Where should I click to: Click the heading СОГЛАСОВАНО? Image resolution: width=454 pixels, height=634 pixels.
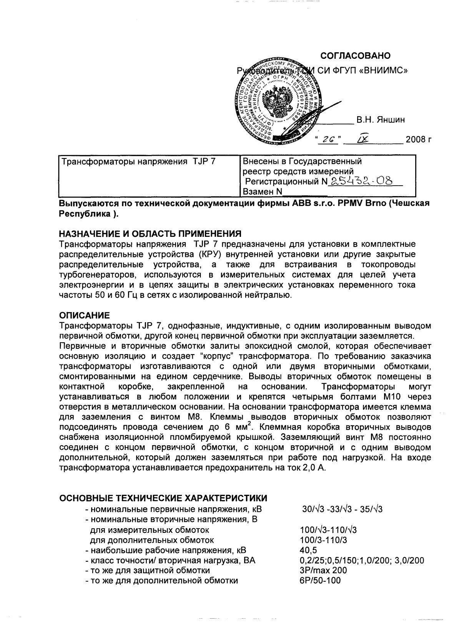(x=355, y=56)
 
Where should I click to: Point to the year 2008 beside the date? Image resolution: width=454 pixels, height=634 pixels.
(x=416, y=139)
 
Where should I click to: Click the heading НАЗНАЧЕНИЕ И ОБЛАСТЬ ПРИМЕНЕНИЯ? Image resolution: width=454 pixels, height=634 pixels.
(x=150, y=233)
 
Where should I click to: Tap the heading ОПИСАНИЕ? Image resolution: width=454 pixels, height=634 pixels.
(x=84, y=315)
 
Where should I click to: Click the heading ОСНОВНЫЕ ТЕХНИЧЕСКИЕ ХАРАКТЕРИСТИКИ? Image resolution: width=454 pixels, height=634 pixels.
(x=163, y=499)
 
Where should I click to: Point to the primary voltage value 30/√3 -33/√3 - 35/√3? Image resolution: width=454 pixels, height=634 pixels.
(x=342, y=509)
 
